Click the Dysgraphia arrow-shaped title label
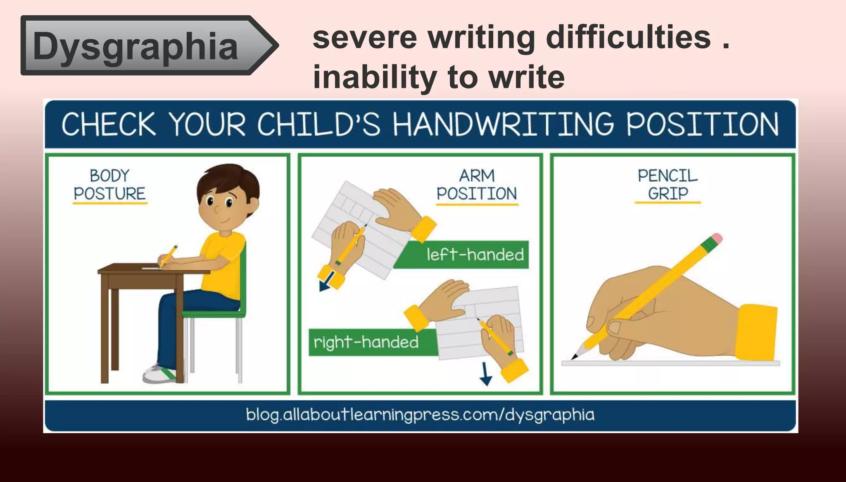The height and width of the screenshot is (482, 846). point(140,45)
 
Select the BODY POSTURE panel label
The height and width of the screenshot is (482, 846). point(110,185)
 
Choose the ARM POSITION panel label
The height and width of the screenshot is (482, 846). point(477,185)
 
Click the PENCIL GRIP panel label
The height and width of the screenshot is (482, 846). point(668,185)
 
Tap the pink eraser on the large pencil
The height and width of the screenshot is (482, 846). point(718,239)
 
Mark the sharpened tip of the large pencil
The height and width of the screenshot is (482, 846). point(575,357)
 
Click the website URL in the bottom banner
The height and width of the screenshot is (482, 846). point(420,415)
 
